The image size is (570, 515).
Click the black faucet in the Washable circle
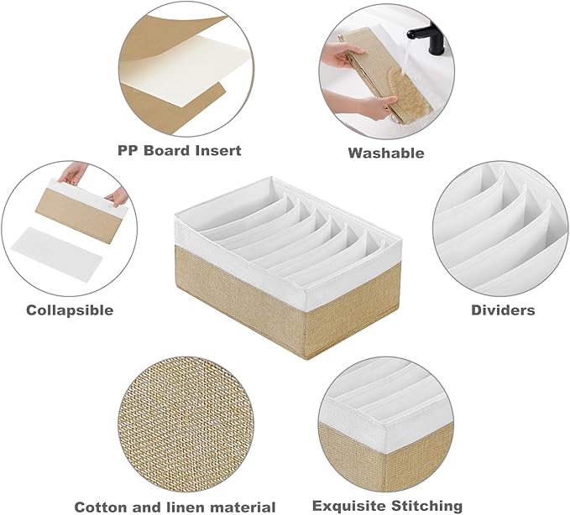(429, 38)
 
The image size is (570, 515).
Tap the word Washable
(386, 153)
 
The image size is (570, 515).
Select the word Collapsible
(70, 310)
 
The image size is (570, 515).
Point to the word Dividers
(503, 310)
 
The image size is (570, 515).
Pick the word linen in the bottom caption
(187, 507)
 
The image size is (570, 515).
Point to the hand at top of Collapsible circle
(74, 173)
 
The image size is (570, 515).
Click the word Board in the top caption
(168, 150)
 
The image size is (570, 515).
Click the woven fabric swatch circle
(186, 424)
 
